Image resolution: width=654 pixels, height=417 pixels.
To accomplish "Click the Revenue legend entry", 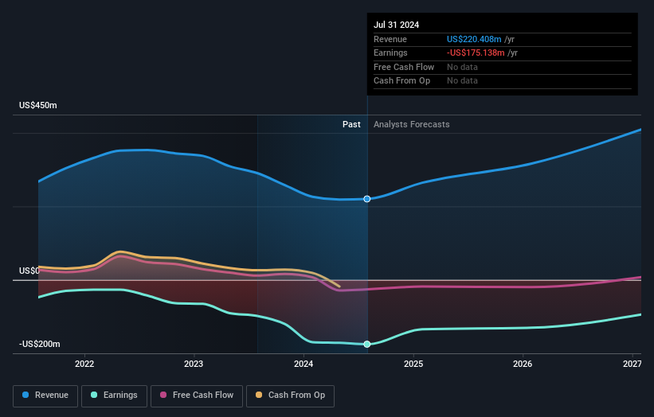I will tap(45, 395).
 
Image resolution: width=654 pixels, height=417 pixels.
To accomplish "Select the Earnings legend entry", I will tap(114, 395).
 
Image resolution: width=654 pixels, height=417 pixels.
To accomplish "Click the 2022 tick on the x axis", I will tap(84, 364).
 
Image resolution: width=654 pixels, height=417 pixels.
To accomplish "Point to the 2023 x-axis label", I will tap(194, 364).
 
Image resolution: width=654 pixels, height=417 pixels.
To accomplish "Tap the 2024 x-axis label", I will tap(304, 364).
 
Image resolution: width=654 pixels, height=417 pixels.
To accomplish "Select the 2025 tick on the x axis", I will tap(413, 364).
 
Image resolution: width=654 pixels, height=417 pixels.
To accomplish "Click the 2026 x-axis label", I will tap(523, 364).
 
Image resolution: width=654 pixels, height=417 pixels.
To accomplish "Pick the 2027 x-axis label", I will tap(632, 364).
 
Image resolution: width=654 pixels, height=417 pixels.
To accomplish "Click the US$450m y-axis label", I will tap(38, 106).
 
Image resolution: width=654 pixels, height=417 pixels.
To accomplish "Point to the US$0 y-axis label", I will tap(29, 271).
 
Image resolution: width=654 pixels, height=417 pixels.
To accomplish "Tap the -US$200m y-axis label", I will tap(40, 344).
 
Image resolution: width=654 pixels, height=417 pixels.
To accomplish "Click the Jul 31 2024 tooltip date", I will tap(397, 24).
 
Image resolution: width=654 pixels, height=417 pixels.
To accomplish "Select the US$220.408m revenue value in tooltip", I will tap(475, 39).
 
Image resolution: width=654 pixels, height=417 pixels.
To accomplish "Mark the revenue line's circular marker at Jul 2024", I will tap(367, 199).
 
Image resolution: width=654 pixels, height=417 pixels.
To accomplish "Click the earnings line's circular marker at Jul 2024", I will tap(367, 344).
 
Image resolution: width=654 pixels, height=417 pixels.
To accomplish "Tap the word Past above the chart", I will tap(351, 125).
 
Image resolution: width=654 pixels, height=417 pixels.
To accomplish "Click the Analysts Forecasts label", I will tap(411, 125).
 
